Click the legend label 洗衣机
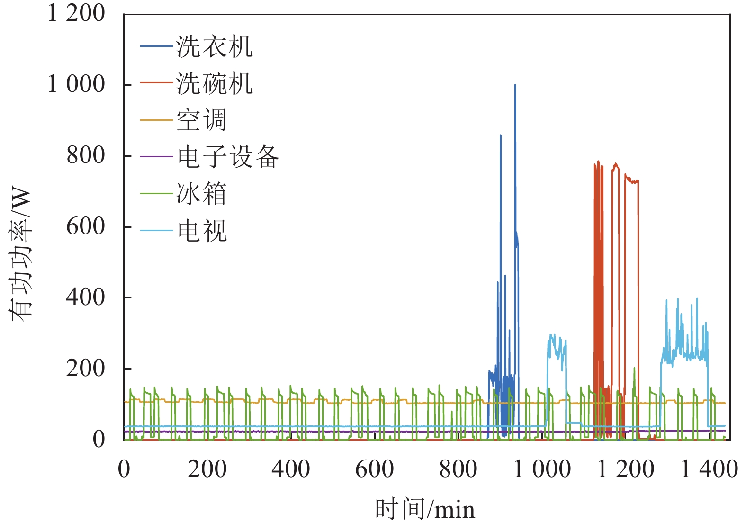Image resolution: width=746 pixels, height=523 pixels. click(215, 47)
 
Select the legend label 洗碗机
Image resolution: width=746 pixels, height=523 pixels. click(215, 84)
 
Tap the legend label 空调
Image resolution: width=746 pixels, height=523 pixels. click(202, 120)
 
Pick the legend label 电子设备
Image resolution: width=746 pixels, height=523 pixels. click(228, 157)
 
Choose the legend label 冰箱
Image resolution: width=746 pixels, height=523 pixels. click(202, 194)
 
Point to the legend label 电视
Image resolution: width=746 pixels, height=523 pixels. click(202, 231)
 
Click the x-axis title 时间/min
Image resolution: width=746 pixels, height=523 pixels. click(425, 510)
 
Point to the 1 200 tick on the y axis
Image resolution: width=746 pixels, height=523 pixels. click(76, 13)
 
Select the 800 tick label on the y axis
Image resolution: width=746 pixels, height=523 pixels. click(85, 155)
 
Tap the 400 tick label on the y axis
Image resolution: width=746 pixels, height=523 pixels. click(85, 298)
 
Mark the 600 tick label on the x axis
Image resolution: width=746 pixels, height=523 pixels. click(374, 469)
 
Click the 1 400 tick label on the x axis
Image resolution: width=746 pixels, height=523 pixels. click(709, 469)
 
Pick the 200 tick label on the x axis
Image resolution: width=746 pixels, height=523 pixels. click(207, 469)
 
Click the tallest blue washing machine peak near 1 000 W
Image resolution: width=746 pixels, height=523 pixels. click(515, 86)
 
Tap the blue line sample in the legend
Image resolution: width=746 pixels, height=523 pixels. click(156, 46)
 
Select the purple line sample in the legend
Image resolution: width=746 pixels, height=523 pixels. click(156, 156)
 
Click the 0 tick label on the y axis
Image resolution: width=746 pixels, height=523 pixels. click(99, 440)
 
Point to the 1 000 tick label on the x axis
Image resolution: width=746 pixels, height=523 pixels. click(542, 469)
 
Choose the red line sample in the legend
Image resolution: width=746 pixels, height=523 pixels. click(156, 83)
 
